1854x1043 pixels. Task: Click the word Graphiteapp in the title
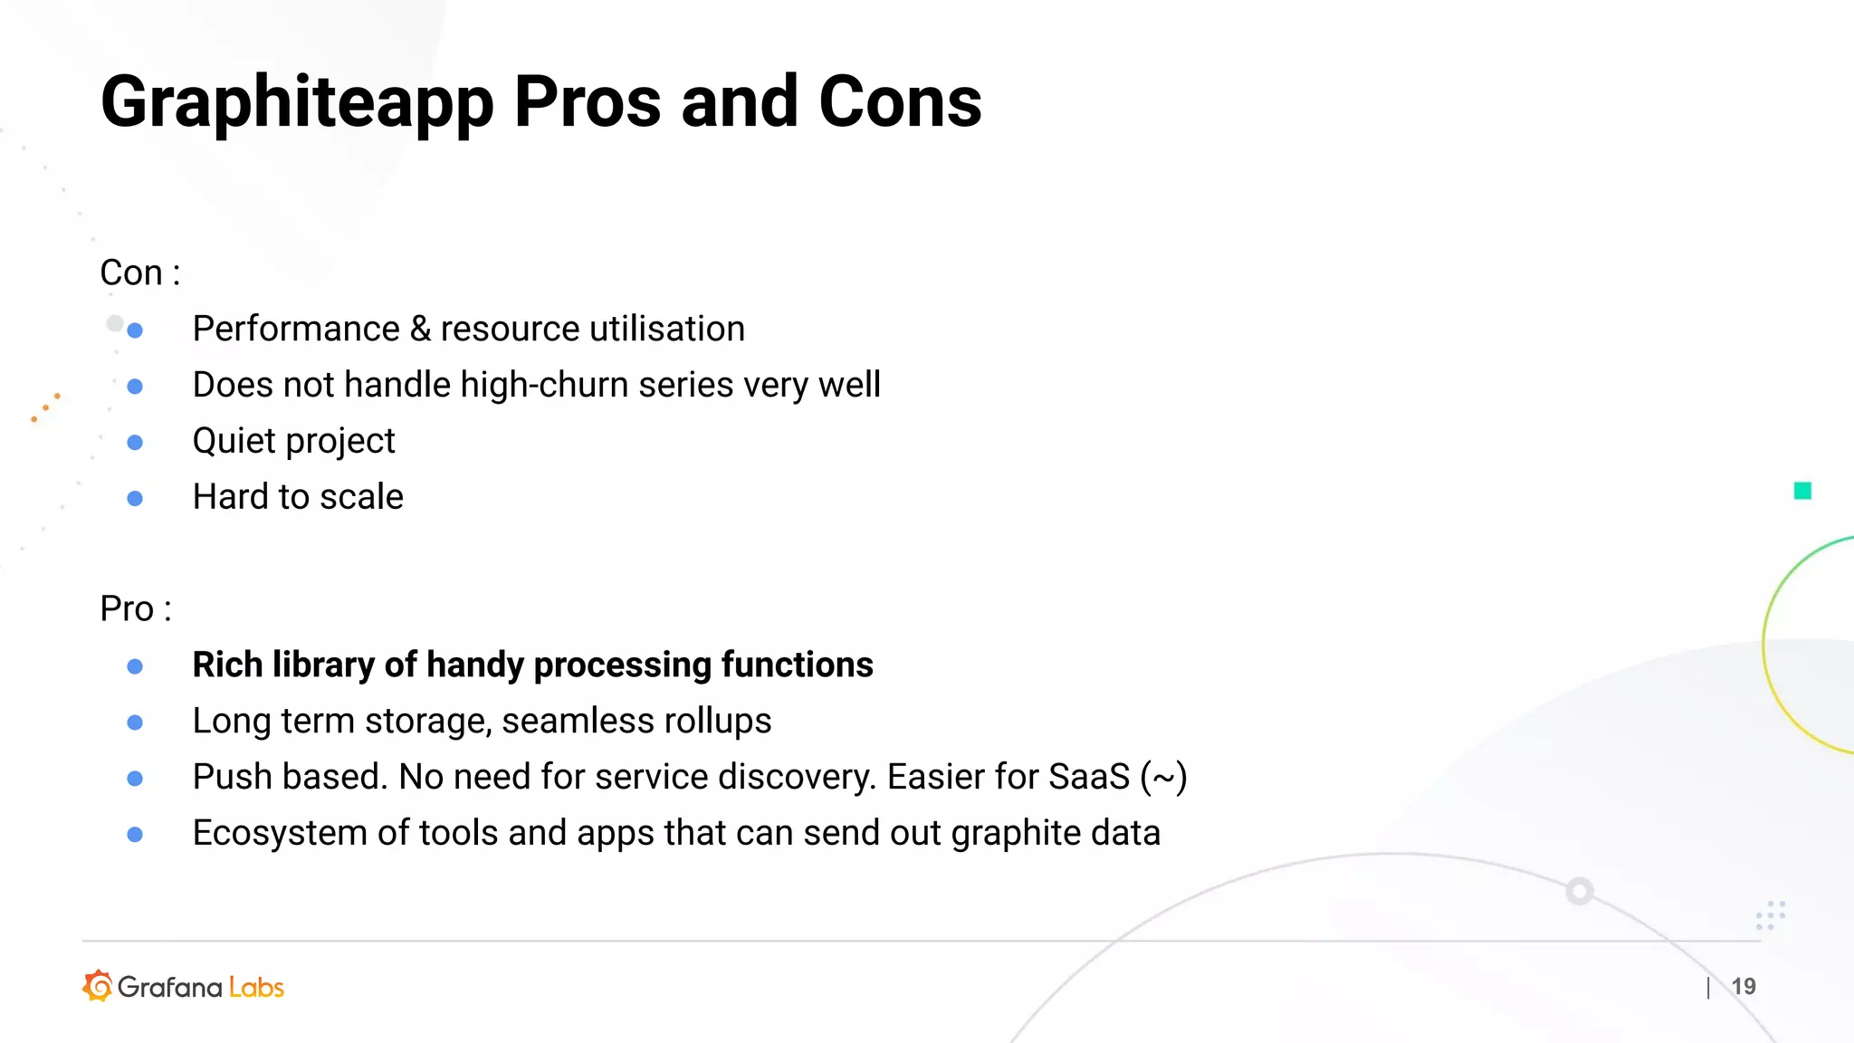tap(297, 102)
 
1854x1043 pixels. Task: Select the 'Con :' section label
tap(139, 273)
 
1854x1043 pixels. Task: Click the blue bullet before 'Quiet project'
tap(135, 443)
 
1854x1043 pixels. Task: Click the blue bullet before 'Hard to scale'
tap(135, 499)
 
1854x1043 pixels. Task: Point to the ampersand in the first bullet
tap(420, 329)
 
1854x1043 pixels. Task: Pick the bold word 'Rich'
tap(227, 665)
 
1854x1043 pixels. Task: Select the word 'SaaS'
tap(1089, 777)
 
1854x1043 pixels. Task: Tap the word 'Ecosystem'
tap(280, 834)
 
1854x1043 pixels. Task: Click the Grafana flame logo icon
tap(98, 986)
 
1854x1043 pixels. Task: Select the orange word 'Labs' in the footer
tap(256, 987)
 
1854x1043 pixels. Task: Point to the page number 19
tap(1744, 986)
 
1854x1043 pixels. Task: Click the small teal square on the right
tap(1802, 491)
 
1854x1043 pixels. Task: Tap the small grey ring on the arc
tap(1580, 891)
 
